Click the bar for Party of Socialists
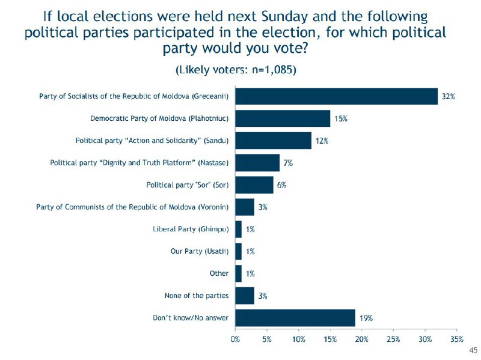tap(337, 96)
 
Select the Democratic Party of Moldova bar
tap(283, 118)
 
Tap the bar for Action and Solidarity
tap(273, 141)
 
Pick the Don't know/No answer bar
tap(295, 318)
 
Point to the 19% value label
tap(366, 318)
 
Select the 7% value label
tap(289, 163)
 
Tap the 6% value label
tap(282, 185)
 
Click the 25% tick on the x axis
tap(393, 340)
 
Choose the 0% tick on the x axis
tap(236, 340)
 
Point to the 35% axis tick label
tap(456, 340)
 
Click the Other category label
tap(219, 273)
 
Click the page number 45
tap(473, 350)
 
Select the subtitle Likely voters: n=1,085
tap(236, 70)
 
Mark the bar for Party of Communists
tap(245, 207)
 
